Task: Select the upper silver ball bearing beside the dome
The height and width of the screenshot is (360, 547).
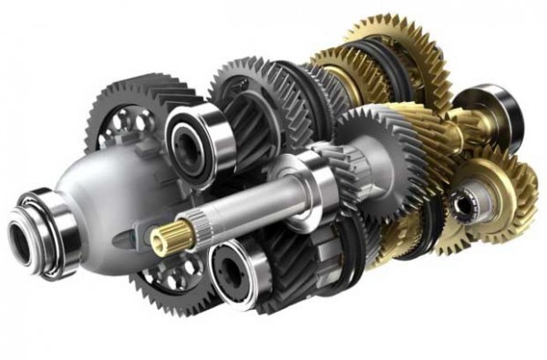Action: [x=195, y=138]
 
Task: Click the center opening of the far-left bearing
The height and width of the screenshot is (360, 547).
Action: [x=22, y=231]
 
